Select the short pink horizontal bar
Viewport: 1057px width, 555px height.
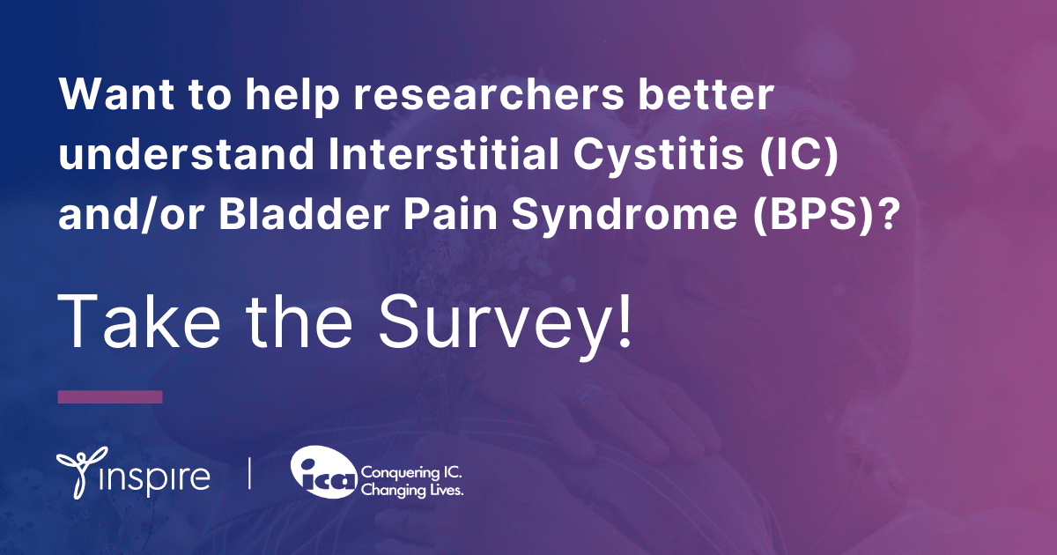tap(110, 397)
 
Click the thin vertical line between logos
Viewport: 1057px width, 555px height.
tap(250, 474)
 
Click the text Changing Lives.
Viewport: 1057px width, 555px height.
tap(412, 488)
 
